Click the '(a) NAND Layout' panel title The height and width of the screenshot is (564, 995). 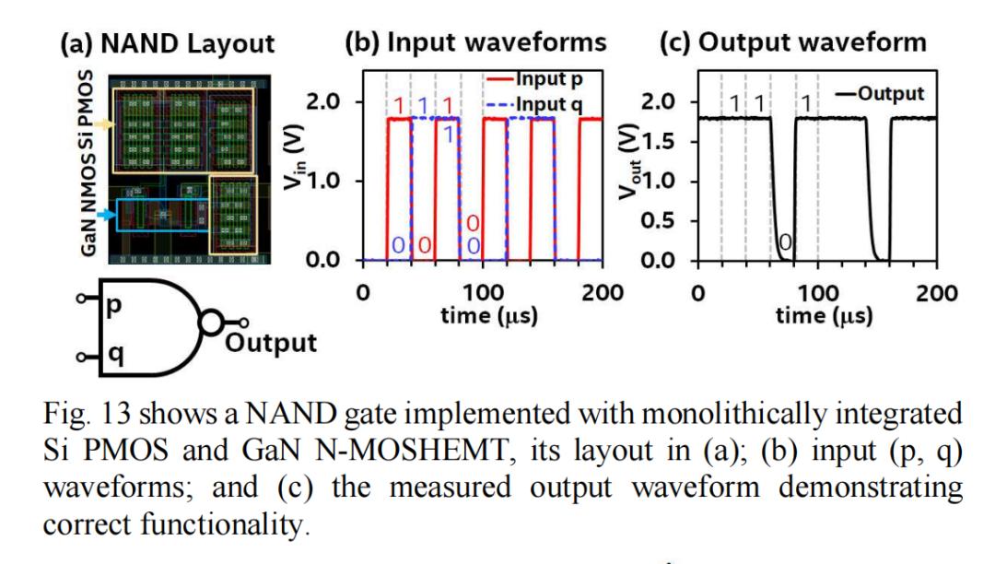point(167,42)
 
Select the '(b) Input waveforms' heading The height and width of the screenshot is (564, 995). point(475,42)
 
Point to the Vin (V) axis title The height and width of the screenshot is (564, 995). point(319,175)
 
